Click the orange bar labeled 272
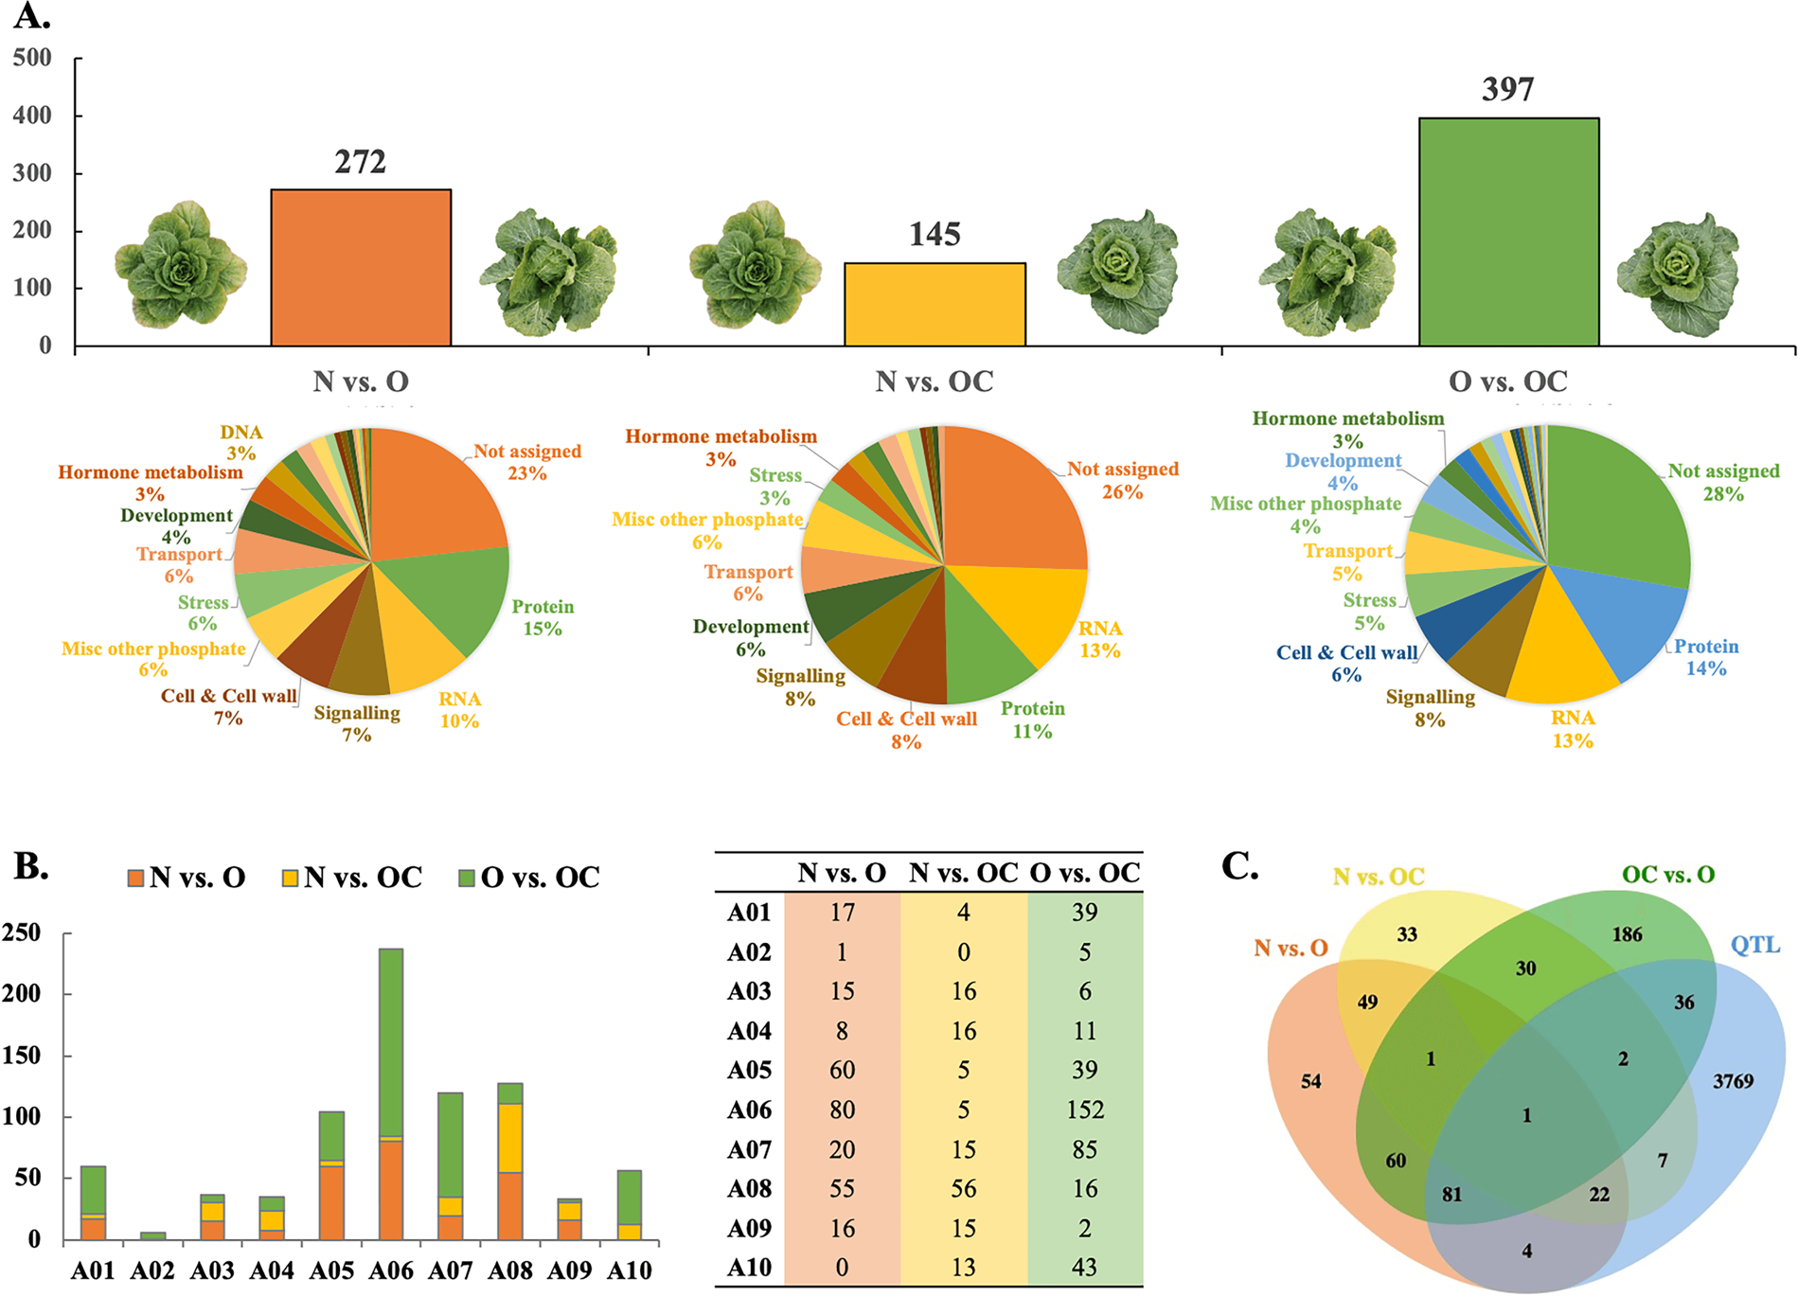(361, 268)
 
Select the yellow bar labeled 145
(935, 304)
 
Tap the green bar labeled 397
(1508, 232)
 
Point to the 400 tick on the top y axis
(32, 115)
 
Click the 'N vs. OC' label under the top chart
(935, 382)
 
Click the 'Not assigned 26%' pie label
(1123, 480)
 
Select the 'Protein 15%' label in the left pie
(543, 617)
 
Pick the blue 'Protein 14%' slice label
(1706, 657)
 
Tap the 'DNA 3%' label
(241, 442)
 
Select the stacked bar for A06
(391, 1093)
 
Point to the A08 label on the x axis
(510, 1270)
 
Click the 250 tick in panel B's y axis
(22, 933)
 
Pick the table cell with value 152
(1085, 1110)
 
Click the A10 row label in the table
(749, 1267)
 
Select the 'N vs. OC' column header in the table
(963, 873)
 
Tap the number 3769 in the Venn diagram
(1733, 1081)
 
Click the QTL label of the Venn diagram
(1754, 945)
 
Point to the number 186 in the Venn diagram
(1627, 934)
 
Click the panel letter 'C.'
(1240, 865)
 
